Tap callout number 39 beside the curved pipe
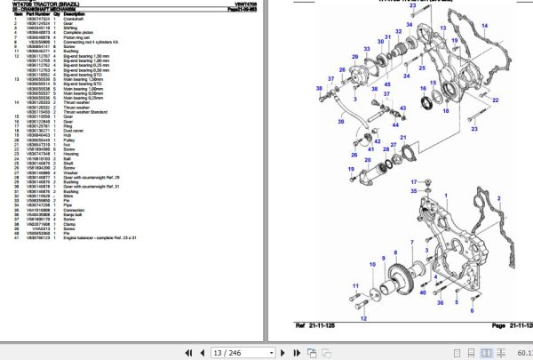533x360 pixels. tap(319, 89)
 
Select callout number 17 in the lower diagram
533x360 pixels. tap(413, 181)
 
